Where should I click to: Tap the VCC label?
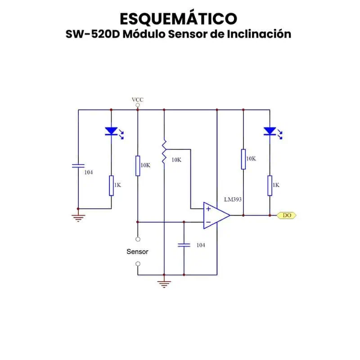click(138, 99)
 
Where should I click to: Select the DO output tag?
click(287, 216)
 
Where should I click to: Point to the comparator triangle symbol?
click(216, 216)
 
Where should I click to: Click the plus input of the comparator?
click(208, 209)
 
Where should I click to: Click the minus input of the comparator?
click(208, 222)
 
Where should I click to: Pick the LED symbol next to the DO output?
click(270, 131)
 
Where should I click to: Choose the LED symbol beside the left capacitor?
click(111, 131)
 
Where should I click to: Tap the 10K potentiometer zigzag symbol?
click(164, 152)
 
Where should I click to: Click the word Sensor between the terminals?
click(137, 252)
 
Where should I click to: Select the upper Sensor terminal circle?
click(138, 239)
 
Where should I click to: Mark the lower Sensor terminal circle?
click(138, 264)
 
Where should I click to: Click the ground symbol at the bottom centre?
click(164, 283)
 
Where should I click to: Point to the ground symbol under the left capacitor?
click(78, 218)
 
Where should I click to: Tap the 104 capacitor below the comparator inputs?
click(184, 245)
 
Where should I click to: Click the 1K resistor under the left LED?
click(111, 186)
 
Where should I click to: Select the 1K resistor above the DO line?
click(270, 186)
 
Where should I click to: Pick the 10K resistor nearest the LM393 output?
click(243, 159)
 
